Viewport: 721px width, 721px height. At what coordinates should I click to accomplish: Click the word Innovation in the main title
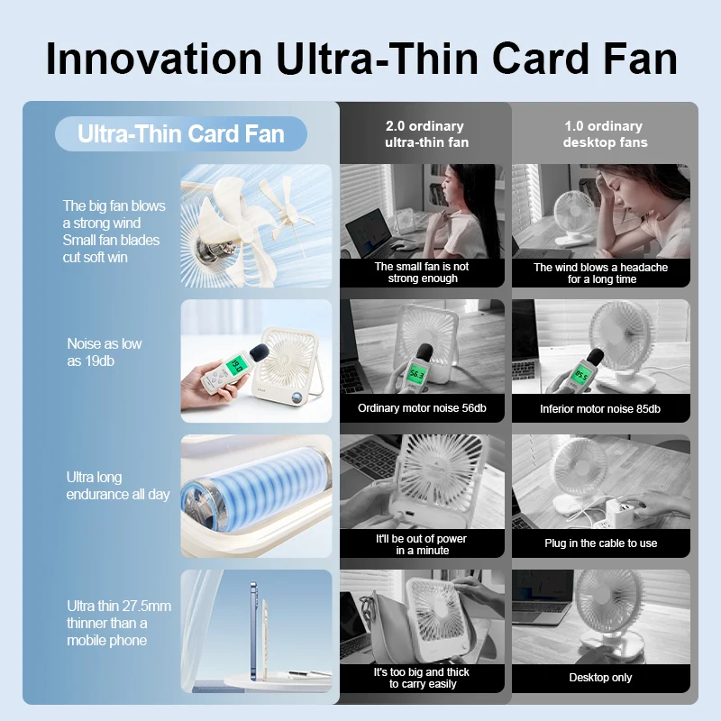tap(154, 59)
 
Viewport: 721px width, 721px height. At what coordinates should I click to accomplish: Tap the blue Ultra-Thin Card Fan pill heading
tap(181, 133)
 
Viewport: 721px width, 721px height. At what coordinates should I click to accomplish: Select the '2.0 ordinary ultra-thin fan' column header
tap(426, 133)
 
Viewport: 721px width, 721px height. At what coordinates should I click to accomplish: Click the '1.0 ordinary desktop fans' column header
tap(605, 133)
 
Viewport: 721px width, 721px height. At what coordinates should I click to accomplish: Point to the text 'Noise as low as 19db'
tap(105, 352)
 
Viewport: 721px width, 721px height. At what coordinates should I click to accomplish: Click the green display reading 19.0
tap(236, 366)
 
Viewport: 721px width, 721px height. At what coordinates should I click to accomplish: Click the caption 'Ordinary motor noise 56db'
tap(422, 408)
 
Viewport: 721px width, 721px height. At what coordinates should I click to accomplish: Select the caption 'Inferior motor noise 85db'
tap(600, 409)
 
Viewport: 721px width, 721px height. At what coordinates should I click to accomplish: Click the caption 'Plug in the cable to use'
tap(600, 543)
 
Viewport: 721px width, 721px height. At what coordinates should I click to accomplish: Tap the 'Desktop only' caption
tap(600, 678)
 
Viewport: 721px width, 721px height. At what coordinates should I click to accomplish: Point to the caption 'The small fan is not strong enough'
tap(422, 272)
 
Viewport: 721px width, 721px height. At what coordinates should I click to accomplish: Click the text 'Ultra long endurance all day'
tap(118, 486)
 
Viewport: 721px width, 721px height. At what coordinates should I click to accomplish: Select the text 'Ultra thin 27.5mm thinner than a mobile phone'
tap(119, 623)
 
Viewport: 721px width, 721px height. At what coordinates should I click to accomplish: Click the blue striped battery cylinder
tap(256, 497)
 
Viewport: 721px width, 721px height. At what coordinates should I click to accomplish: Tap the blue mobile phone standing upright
tap(253, 631)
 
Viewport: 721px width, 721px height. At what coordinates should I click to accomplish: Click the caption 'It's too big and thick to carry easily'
tap(422, 678)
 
